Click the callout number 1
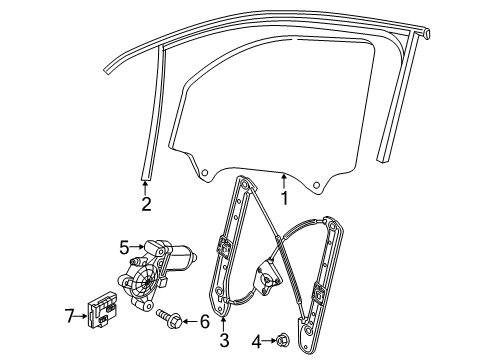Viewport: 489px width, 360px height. click(x=284, y=198)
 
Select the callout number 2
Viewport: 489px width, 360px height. click(x=146, y=204)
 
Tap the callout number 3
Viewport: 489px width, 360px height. click(x=224, y=340)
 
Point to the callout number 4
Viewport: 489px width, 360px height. click(x=256, y=342)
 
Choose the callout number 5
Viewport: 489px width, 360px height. click(x=124, y=247)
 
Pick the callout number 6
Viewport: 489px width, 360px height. click(x=204, y=321)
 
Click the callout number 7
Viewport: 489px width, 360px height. click(x=69, y=315)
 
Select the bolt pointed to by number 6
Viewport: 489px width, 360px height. click(x=169, y=318)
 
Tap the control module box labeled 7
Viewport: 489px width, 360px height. click(x=103, y=309)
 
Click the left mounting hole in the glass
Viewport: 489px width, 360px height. click(x=205, y=173)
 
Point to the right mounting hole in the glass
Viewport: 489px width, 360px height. click(x=316, y=184)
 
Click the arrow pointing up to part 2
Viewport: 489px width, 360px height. click(x=145, y=188)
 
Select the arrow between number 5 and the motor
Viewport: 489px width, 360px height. click(x=137, y=247)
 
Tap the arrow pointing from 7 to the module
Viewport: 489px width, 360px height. click(x=81, y=316)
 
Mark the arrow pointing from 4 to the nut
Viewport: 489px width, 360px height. click(x=269, y=341)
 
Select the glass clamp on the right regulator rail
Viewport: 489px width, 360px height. click(x=317, y=293)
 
